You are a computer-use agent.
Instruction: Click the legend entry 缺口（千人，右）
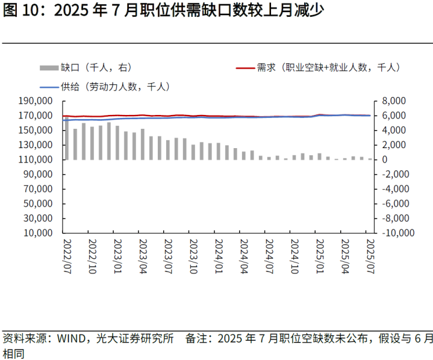[96, 67]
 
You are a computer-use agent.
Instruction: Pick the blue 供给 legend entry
[114, 86]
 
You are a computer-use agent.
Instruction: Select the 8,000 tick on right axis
[395, 101]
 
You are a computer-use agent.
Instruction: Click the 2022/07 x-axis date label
[67, 254]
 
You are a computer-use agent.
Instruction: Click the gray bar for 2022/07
[67, 138]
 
